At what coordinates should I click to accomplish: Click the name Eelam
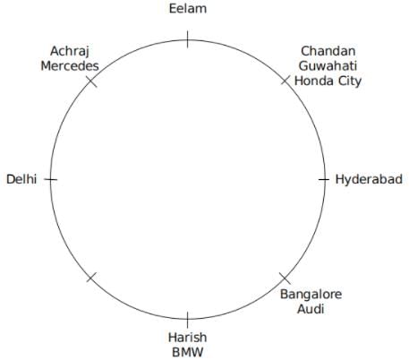pyautogui.click(x=188, y=8)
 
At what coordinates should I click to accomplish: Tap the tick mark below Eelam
pyautogui.click(x=187, y=39)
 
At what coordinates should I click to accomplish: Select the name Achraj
pyautogui.click(x=70, y=51)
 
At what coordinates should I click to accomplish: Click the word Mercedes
pyautogui.click(x=70, y=66)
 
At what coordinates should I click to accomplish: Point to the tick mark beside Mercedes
pyautogui.click(x=91, y=81)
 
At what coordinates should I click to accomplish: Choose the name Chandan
pyautogui.click(x=328, y=51)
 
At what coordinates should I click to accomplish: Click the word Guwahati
pyautogui.click(x=328, y=66)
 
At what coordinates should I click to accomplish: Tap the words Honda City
pyautogui.click(x=328, y=81)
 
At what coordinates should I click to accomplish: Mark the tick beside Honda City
pyautogui.click(x=285, y=80)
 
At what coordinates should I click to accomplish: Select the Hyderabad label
pyautogui.click(x=369, y=179)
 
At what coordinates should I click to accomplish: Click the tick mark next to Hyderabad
pyautogui.click(x=324, y=179)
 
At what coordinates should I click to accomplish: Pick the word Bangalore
pyautogui.click(x=311, y=295)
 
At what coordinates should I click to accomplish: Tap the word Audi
pyautogui.click(x=311, y=309)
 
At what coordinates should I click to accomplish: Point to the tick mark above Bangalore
pyautogui.click(x=285, y=279)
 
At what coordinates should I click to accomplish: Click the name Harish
pyautogui.click(x=187, y=338)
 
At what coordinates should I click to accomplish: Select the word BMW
pyautogui.click(x=188, y=352)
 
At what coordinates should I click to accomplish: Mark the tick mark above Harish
pyautogui.click(x=187, y=320)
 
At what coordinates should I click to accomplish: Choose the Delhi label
pyautogui.click(x=21, y=179)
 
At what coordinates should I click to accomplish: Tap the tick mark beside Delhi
pyautogui.click(x=51, y=179)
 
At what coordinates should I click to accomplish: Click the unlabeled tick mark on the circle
pyautogui.click(x=91, y=277)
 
